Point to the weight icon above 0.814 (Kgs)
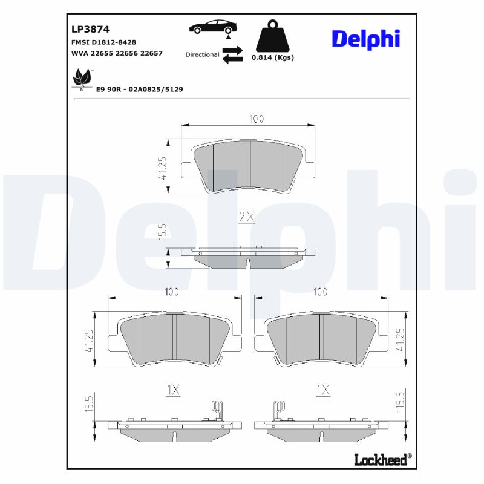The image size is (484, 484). (x=272, y=37)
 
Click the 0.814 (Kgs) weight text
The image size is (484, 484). (x=272, y=58)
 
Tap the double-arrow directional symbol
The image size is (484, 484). (x=232, y=54)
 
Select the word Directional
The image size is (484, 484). (x=202, y=54)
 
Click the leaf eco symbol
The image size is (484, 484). (x=82, y=79)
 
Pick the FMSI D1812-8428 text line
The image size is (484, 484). (x=103, y=42)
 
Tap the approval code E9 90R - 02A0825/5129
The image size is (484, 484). (x=139, y=89)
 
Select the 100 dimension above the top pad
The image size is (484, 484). (x=256, y=119)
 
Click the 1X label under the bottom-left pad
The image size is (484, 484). (x=173, y=391)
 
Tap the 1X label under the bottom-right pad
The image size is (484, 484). (x=322, y=391)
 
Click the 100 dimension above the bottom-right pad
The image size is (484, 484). (x=320, y=292)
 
